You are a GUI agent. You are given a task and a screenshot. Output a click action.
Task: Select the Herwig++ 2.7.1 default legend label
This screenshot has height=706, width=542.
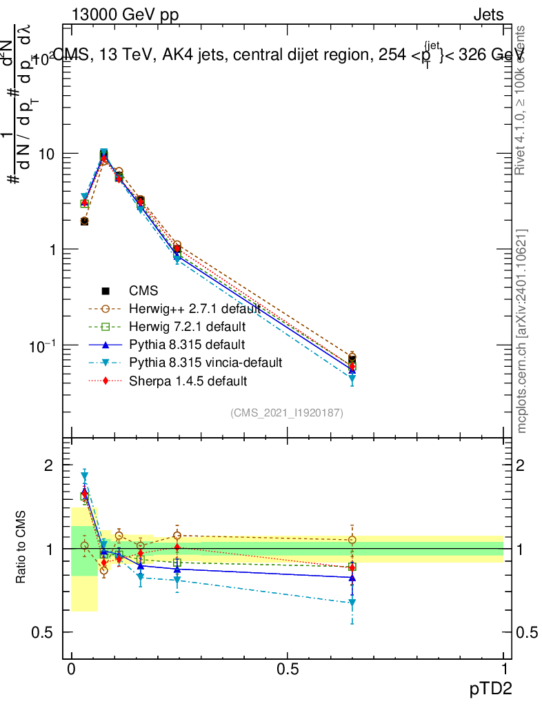tap(194, 308)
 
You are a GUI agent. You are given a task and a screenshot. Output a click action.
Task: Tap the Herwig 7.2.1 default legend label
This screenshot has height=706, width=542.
tap(188, 326)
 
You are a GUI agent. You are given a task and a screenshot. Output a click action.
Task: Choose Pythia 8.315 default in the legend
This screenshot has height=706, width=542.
tap(187, 344)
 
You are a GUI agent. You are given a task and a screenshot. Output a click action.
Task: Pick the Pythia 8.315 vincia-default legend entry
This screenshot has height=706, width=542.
tap(205, 362)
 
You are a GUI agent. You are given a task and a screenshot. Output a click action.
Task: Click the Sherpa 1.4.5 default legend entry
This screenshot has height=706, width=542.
tap(188, 380)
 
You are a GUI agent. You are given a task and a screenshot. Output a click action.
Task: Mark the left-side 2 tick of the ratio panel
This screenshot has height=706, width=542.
tap(48, 465)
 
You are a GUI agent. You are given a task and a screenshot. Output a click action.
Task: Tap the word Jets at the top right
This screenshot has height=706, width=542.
tap(488, 15)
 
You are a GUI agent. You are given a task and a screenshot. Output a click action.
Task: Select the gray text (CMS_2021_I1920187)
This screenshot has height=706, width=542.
tap(287, 412)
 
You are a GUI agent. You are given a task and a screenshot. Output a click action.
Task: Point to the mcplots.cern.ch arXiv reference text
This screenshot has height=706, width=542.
tap(522, 331)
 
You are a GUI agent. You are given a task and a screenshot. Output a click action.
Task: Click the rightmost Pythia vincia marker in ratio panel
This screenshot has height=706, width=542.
tap(352, 603)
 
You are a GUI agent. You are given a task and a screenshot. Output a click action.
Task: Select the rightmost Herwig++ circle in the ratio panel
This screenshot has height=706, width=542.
tap(352, 540)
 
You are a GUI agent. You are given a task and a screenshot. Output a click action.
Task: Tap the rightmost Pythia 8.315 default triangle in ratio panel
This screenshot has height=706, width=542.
tap(352, 578)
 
